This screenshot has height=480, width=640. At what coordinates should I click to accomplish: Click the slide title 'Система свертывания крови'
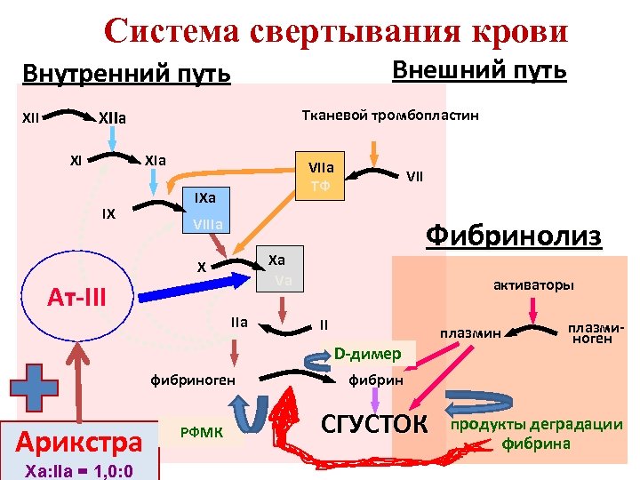pyautogui.click(x=335, y=30)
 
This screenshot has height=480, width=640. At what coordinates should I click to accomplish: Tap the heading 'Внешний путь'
pyautogui.click(x=479, y=69)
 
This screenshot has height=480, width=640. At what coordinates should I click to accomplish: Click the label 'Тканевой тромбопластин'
pyautogui.click(x=390, y=116)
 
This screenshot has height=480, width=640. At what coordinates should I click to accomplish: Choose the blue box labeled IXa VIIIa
pyautogui.click(x=204, y=210)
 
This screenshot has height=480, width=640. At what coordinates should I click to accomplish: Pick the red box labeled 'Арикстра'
pyautogui.click(x=80, y=441)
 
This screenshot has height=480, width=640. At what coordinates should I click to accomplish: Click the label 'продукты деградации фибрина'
pyautogui.click(x=537, y=433)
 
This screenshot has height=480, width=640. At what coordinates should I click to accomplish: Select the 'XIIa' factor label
pyautogui.click(x=111, y=117)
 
